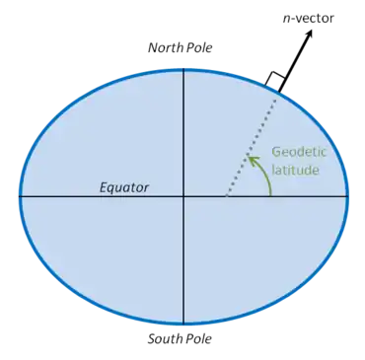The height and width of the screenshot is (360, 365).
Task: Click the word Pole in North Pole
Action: (x=199, y=47)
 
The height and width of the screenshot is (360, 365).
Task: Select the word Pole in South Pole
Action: (x=199, y=338)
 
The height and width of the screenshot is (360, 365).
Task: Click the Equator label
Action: (x=124, y=188)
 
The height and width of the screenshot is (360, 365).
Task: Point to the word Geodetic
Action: (x=299, y=152)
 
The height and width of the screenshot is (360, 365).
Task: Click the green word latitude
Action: (x=296, y=171)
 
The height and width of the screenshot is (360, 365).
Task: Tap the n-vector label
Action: (x=309, y=19)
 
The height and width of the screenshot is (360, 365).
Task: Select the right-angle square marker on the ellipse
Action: (x=275, y=81)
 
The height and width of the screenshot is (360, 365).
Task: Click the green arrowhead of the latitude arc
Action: (x=253, y=161)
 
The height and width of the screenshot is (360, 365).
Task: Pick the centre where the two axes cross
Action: (x=183, y=196)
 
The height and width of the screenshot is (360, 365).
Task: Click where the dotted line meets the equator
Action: (x=226, y=196)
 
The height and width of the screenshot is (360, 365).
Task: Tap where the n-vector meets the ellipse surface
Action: (x=279, y=93)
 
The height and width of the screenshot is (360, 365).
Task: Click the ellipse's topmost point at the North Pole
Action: (x=183, y=70)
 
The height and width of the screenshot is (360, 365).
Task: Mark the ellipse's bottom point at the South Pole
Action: (x=183, y=324)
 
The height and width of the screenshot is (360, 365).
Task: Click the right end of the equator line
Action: (x=348, y=196)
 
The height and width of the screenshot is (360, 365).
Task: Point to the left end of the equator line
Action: (x=19, y=196)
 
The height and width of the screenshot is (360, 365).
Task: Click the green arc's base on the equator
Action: (x=271, y=196)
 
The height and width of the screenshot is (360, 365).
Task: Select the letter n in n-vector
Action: (x=286, y=20)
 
